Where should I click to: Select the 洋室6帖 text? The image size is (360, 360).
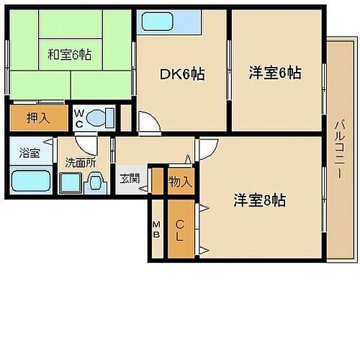(x=274, y=73)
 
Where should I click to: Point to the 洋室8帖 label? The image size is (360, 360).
(x=259, y=201)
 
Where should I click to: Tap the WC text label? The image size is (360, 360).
(x=80, y=117)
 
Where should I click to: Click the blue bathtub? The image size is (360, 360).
(x=30, y=179)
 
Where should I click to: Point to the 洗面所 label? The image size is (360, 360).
(x=81, y=163)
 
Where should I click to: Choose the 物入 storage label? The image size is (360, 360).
(x=180, y=181)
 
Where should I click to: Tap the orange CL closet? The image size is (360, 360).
(x=180, y=229)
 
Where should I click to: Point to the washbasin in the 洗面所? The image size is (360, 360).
(x=94, y=185)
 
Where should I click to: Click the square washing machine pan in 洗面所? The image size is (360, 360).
(x=70, y=184)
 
